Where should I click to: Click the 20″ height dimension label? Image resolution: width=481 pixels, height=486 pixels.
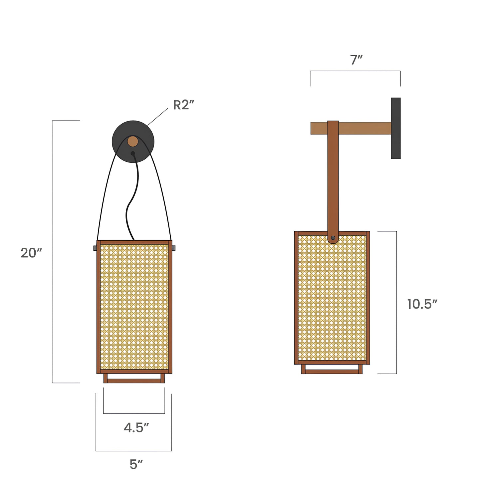(x=31, y=253)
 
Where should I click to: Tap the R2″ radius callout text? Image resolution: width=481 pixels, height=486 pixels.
(x=183, y=105)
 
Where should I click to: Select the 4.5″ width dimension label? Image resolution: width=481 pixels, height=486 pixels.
(x=136, y=428)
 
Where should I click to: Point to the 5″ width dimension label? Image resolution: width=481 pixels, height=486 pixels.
(x=136, y=464)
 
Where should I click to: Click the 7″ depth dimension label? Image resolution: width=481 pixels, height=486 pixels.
(x=356, y=60)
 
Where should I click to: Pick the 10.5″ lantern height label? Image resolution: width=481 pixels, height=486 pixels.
(x=422, y=304)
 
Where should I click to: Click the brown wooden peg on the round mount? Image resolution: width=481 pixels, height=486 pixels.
(x=133, y=141)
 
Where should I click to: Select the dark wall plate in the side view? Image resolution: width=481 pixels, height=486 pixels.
(x=396, y=128)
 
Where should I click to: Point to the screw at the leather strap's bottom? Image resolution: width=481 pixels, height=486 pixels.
(x=333, y=238)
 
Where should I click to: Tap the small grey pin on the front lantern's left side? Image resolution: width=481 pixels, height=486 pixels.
(x=95, y=248)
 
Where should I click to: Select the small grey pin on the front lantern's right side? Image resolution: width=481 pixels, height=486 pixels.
(x=173, y=248)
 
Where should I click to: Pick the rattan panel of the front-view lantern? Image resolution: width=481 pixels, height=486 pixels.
(x=134, y=306)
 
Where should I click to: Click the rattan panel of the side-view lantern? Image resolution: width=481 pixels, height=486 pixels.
(x=332, y=300)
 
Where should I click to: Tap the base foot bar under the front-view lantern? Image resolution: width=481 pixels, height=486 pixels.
(x=134, y=381)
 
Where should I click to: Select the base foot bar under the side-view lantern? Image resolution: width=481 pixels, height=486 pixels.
(x=332, y=371)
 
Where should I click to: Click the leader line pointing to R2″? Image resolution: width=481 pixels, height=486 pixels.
(x=158, y=117)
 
